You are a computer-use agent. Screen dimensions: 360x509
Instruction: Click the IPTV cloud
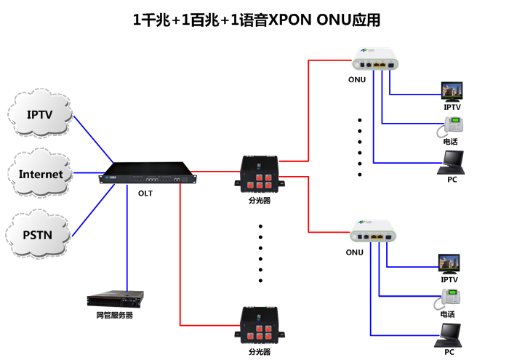(40, 115)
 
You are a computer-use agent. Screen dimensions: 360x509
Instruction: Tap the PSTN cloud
(39, 234)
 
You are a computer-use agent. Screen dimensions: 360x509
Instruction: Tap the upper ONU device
(375, 61)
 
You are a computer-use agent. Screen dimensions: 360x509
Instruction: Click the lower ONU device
(374, 234)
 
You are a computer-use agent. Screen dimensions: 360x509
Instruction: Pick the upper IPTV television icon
(453, 91)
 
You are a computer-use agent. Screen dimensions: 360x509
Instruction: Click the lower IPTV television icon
(449, 263)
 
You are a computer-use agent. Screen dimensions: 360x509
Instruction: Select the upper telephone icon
(450, 127)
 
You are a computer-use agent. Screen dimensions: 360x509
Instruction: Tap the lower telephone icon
(451, 297)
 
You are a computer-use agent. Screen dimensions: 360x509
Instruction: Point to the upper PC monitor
(452, 161)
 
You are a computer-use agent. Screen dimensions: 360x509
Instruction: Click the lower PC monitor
(449, 334)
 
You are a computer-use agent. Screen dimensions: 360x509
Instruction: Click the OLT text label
(145, 193)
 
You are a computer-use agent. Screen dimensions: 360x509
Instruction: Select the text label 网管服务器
(115, 316)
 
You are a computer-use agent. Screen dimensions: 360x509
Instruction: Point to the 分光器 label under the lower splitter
(259, 351)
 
